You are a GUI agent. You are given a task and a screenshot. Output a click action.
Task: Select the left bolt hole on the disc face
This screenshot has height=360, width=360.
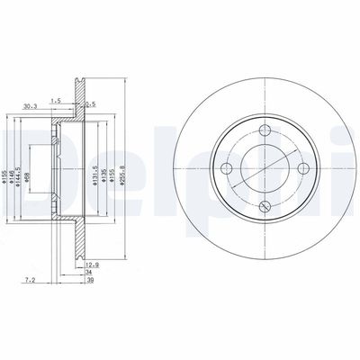[x=227, y=168]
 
